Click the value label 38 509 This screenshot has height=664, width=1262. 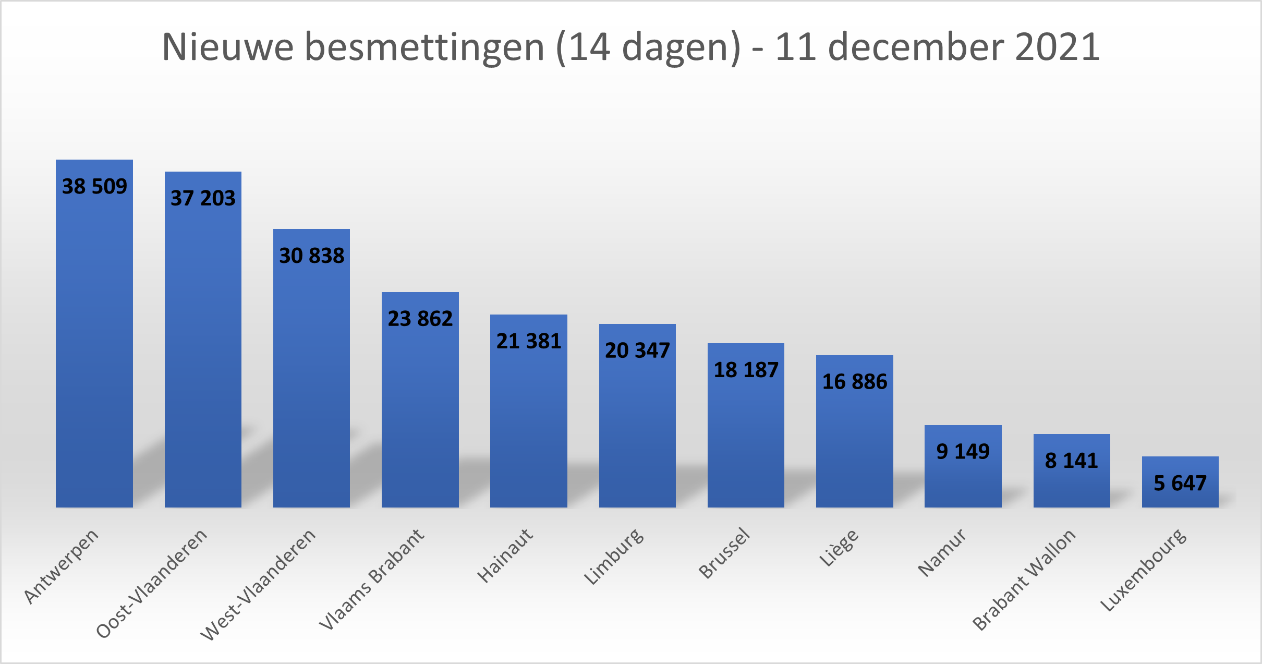pyautogui.click(x=94, y=186)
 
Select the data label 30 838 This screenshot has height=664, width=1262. pyautogui.click(x=312, y=256)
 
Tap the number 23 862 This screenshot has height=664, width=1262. pyautogui.click(x=420, y=319)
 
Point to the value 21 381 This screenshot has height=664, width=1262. pyautogui.click(x=529, y=341)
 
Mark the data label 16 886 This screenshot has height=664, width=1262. pyautogui.click(x=855, y=382)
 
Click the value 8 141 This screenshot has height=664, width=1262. pyautogui.click(x=1072, y=461)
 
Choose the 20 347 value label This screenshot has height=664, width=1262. pyautogui.click(x=637, y=351)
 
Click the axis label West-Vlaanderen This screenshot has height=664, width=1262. pyautogui.click(x=258, y=584)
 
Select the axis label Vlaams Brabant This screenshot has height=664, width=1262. pyautogui.click(x=372, y=579)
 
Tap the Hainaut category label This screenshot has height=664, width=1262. pyautogui.click(x=505, y=556)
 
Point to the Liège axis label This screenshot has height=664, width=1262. pyautogui.click(x=839, y=548)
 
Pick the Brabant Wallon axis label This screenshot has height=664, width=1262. pyautogui.click(x=1024, y=580)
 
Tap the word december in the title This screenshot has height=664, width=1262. pyautogui.click(x=916, y=47)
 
